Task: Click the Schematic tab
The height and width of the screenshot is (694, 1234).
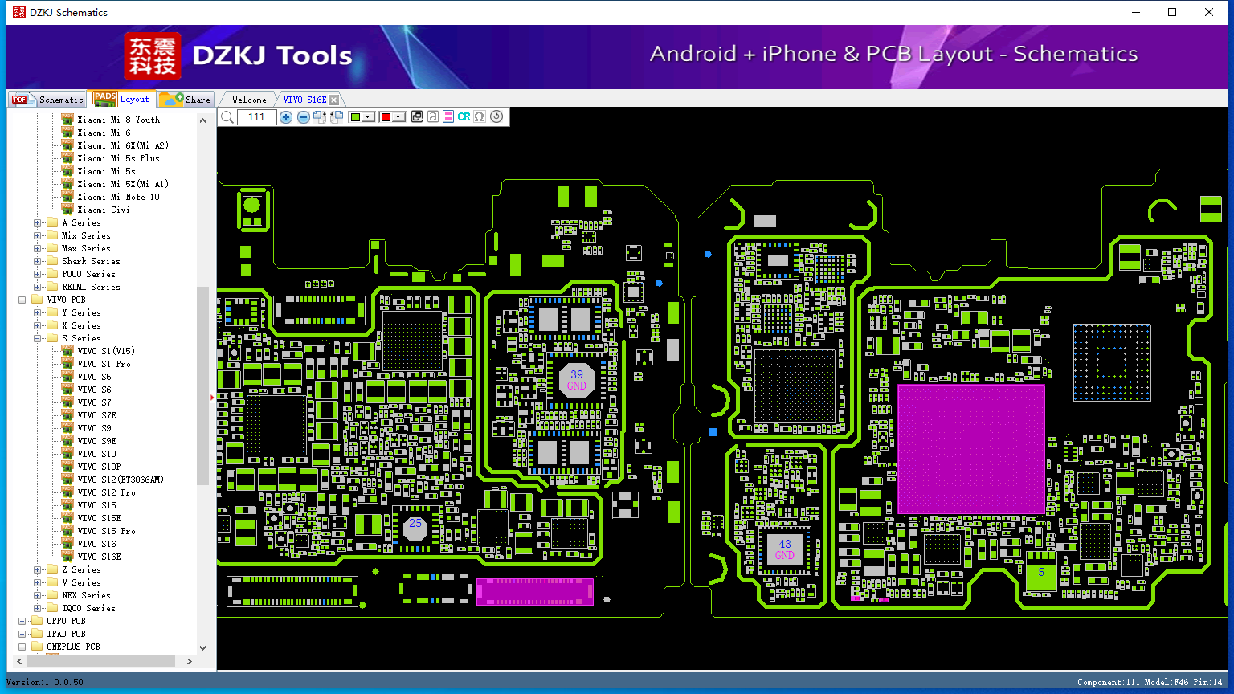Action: [48, 99]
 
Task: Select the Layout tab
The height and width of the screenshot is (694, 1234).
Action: [122, 99]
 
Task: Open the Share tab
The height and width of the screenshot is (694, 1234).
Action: [185, 99]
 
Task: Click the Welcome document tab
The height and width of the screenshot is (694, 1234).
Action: [249, 100]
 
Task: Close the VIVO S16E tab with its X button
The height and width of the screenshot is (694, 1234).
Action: [334, 100]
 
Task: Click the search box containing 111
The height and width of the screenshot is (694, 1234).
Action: [257, 116]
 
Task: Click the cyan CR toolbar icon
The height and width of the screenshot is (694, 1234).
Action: [464, 116]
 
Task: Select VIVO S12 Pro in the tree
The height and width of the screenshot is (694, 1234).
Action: [106, 492]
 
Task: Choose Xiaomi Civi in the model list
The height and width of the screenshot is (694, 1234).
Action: [104, 210]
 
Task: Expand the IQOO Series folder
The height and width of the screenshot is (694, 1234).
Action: [38, 608]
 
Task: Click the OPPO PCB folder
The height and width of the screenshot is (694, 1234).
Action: [66, 621]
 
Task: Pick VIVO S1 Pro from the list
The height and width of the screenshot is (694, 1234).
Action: [104, 364]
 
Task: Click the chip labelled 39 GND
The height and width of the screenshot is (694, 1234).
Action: [576, 379]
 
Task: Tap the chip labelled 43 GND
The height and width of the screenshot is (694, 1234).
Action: [784, 549]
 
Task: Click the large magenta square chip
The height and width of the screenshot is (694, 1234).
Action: [971, 450]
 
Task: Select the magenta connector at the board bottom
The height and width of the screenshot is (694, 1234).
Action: [534, 591]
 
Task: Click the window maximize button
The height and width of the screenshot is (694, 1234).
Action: [1172, 12]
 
